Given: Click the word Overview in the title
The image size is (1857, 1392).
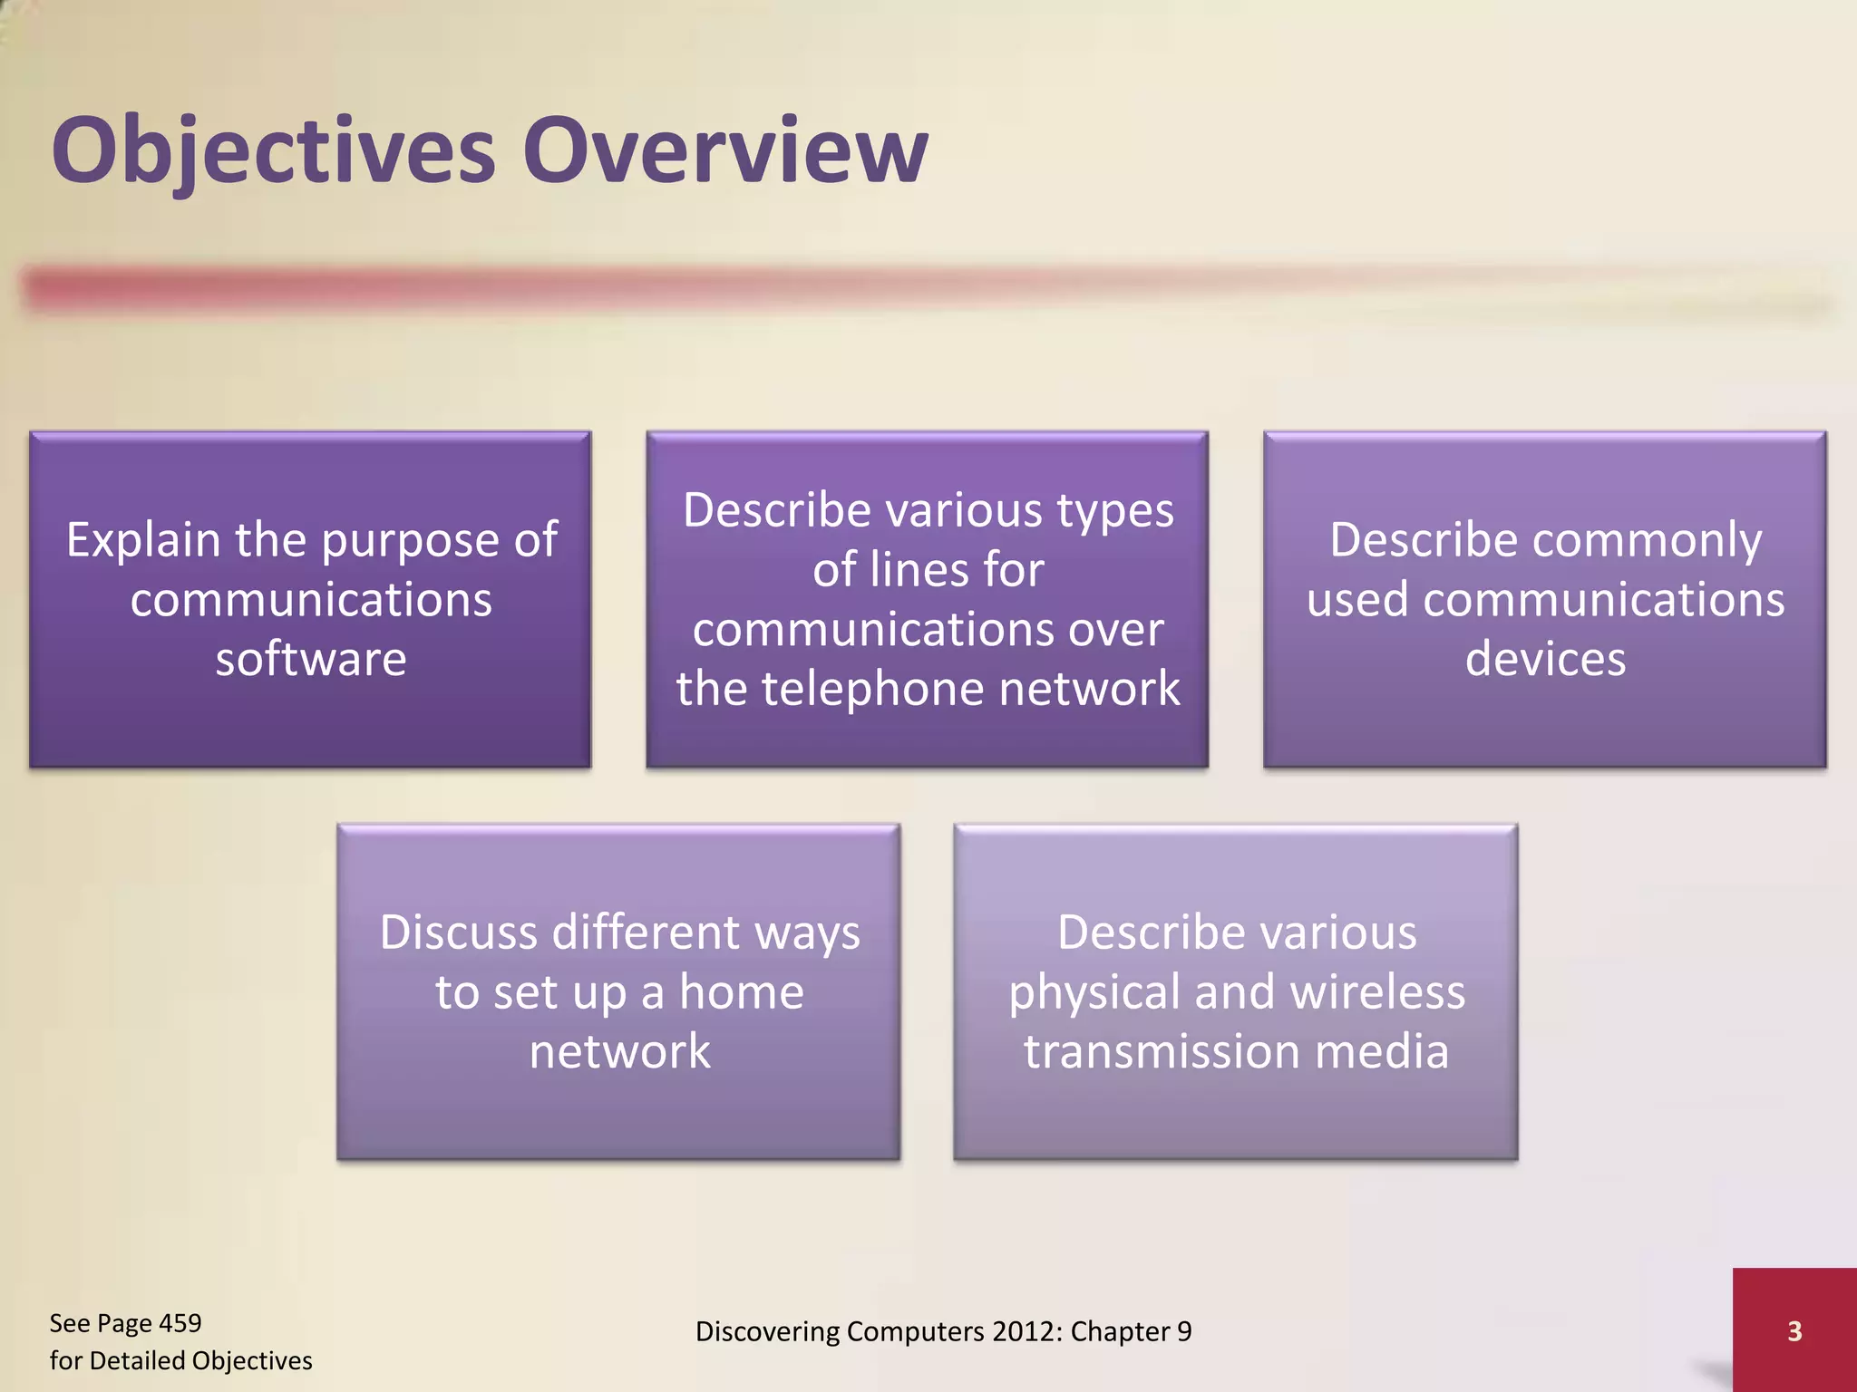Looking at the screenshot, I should [x=725, y=151].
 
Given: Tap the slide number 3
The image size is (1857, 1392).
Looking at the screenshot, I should [x=1794, y=1331].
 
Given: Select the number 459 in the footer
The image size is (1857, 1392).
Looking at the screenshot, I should [x=180, y=1323].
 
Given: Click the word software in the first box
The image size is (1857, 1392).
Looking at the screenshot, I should [x=311, y=659].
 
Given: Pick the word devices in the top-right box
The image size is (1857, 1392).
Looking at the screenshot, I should [x=1545, y=659].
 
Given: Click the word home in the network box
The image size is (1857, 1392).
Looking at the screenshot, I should [x=741, y=992].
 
